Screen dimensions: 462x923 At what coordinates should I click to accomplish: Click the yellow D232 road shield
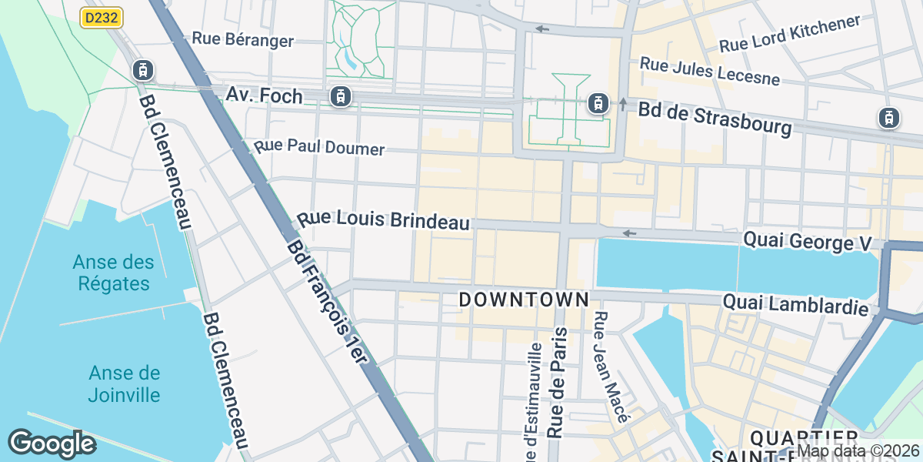pyautogui.click(x=102, y=17)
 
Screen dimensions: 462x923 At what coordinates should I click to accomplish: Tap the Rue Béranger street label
pyautogui.click(x=242, y=39)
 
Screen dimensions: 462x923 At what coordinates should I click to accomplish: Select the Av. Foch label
pyautogui.click(x=264, y=95)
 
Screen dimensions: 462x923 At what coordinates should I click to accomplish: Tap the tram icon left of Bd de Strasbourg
pyautogui.click(x=597, y=102)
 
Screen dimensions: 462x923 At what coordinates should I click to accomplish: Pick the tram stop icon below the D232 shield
pyautogui.click(x=142, y=70)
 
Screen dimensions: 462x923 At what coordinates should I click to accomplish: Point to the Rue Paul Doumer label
pyautogui.click(x=319, y=147)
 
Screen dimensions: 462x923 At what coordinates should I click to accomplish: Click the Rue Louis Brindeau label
pyautogui.click(x=383, y=220)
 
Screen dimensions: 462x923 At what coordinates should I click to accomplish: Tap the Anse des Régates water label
pyautogui.click(x=114, y=273)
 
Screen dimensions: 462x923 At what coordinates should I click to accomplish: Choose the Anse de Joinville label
pyautogui.click(x=124, y=384)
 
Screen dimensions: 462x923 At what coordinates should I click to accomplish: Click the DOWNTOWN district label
pyautogui.click(x=524, y=300)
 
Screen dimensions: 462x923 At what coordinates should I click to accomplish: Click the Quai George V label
pyautogui.click(x=807, y=242)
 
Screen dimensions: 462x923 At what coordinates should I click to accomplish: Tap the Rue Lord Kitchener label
pyautogui.click(x=789, y=35)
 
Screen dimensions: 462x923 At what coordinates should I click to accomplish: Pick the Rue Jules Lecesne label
pyautogui.click(x=709, y=71)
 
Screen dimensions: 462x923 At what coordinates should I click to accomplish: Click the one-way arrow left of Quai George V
pyautogui.click(x=629, y=233)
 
